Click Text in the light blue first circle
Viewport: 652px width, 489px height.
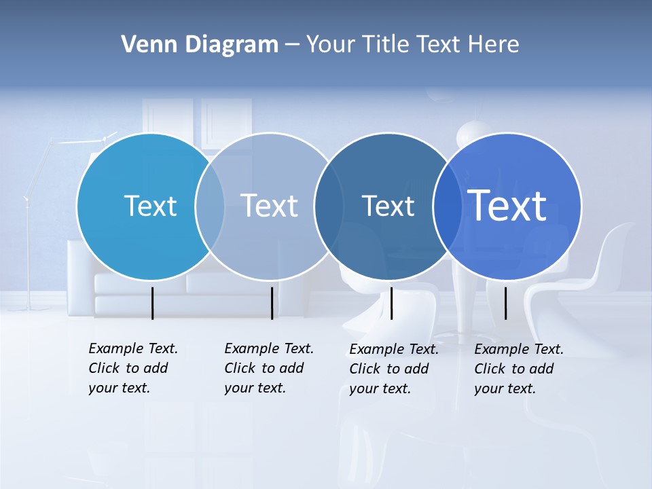point(150,206)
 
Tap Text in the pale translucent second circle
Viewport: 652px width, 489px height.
point(270,206)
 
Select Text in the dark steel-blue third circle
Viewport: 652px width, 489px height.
point(388,206)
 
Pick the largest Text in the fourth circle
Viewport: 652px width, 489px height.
point(507,206)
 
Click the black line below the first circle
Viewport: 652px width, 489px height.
point(152,303)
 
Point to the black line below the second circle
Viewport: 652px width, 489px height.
point(272,303)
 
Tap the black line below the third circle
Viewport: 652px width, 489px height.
point(391,303)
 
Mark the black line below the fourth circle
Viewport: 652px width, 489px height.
point(505,303)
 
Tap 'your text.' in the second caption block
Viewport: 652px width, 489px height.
point(255,388)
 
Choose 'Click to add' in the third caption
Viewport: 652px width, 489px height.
point(388,369)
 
